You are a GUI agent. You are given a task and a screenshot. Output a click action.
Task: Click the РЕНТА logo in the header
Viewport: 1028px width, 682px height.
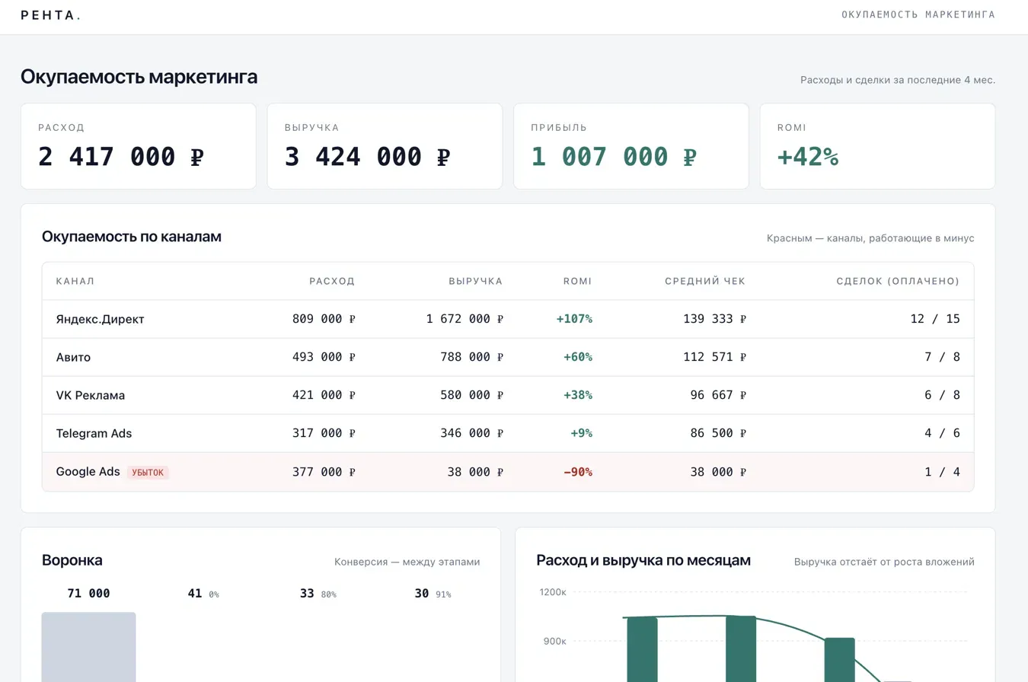pyautogui.click(x=50, y=15)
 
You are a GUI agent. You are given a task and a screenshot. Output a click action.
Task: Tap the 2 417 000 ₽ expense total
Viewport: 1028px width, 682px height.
pyautogui.click(x=121, y=156)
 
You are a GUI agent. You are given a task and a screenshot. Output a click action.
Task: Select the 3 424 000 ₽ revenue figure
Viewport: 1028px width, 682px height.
pyautogui.click(x=367, y=156)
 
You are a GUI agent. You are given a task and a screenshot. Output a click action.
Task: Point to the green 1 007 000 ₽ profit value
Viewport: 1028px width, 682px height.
pyautogui.click(x=614, y=156)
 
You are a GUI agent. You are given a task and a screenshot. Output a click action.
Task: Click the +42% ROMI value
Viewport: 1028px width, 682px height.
pyautogui.click(x=808, y=156)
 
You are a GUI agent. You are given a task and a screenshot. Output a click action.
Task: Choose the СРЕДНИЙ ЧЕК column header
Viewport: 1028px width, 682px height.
pyautogui.click(x=705, y=281)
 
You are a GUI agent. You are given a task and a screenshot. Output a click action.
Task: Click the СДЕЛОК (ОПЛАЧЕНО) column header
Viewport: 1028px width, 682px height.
pyautogui.click(x=898, y=281)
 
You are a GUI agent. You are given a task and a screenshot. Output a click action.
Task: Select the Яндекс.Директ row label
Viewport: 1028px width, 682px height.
pyautogui.click(x=100, y=319)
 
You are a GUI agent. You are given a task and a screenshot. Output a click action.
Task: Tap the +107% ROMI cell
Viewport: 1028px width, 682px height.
pyautogui.click(x=574, y=319)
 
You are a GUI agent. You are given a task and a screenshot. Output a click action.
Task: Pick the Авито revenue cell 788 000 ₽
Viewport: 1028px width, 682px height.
pyautogui.click(x=472, y=357)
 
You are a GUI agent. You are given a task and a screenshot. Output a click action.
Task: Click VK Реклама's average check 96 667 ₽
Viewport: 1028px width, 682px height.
pyautogui.click(x=718, y=395)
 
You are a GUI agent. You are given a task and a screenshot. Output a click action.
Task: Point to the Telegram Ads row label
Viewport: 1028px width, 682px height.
pyautogui.click(x=94, y=433)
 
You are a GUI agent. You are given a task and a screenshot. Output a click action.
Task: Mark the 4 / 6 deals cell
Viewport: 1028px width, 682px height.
pyautogui.click(x=942, y=433)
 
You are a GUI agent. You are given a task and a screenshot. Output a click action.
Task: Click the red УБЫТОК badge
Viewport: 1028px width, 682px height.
pyautogui.click(x=148, y=473)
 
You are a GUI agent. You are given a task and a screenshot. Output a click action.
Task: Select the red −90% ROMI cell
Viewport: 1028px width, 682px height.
pyautogui.click(x=578, y=472)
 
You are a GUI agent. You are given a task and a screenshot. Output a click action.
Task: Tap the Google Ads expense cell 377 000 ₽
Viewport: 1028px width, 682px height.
pyautogui.click(x=324, y=472)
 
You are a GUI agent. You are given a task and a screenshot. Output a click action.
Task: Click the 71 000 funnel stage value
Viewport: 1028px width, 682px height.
pyautogui.click(x=88, y=594)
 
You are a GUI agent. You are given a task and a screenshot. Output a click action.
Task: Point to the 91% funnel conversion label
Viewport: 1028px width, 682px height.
pyautogui.click(x=443, y=594)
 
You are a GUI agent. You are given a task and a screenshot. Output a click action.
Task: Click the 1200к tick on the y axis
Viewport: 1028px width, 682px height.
pyautogui.click(x=553, y=592)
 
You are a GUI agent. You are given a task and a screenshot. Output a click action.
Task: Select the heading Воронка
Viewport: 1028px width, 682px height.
pyautogui.click(x=72, y=560)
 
